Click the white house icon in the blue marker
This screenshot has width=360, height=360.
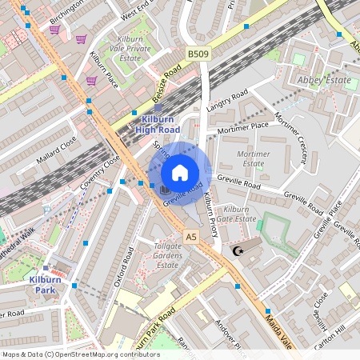tap(180, 173)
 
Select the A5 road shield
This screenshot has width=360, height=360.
tap(190, 237)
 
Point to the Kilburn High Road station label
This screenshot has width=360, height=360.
tap(158, 123)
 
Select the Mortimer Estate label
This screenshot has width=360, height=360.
tap(253, 158)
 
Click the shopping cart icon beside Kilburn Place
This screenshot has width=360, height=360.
tap(91, 80)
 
